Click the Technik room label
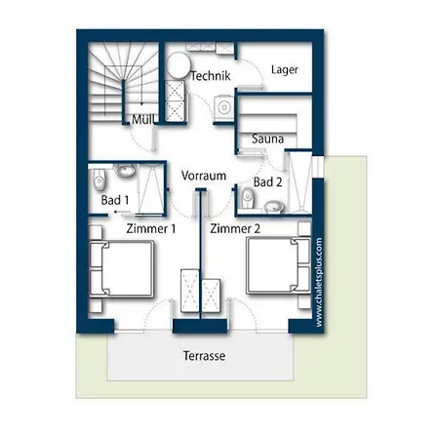click(x=211, y=76)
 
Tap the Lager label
click(x=285, y=70)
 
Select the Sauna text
click(x=267, y=139)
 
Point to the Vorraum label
click(x=204, y=176)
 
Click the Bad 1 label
click(x=115, y=200)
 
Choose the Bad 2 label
click(x=267, y=182)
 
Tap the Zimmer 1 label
click(x=151, y=228)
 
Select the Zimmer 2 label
click(x=235, y=228)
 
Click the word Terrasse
click(x=204, y=356)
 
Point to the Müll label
click(x=144, y=120)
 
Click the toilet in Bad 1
click(x=99, y=180)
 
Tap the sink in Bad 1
click(x=126, y=171)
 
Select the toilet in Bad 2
click(x=247, y=198)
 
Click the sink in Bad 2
click(x=273, y=207)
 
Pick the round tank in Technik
click(x=179, y=64)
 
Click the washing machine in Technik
click(x=224, y=106)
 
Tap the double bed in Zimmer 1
click(x=122, y=269)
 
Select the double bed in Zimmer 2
click(x=278, y=265)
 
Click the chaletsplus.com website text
click(x=319, y=282)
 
